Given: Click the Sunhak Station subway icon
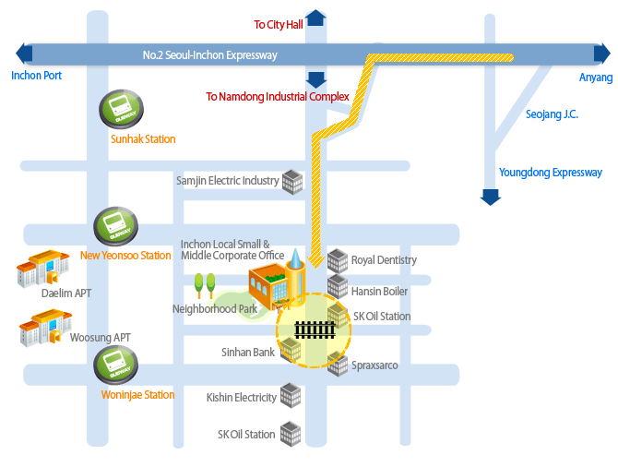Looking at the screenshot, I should (x=120, y=110).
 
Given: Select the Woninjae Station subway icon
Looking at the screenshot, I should (x=116, y=365).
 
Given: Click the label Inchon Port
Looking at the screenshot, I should (x=37, y=76).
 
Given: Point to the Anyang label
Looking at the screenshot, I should (x=595, y=78).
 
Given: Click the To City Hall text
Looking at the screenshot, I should (x=279, y=25).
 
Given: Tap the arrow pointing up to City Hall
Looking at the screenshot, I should (x=315, y=18).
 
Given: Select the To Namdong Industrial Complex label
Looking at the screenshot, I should (x=278, y=96).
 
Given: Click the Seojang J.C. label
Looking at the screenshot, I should (x=552, y=114).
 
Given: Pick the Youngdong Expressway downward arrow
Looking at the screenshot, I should (x=491, y=196).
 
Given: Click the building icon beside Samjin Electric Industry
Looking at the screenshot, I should (x=292, y=181).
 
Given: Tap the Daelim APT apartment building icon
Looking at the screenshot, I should (x=40, y=268).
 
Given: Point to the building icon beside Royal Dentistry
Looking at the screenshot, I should (x=338, y=260).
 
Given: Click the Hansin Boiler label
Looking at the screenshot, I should (x=379, y=292).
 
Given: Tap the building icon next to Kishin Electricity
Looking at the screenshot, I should (x=291, y=396).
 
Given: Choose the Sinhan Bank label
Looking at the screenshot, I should (x=248, y=353).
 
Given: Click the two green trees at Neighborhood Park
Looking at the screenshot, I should (x=205, y=282).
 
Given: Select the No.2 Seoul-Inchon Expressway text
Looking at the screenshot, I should (x=210, y=55).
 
